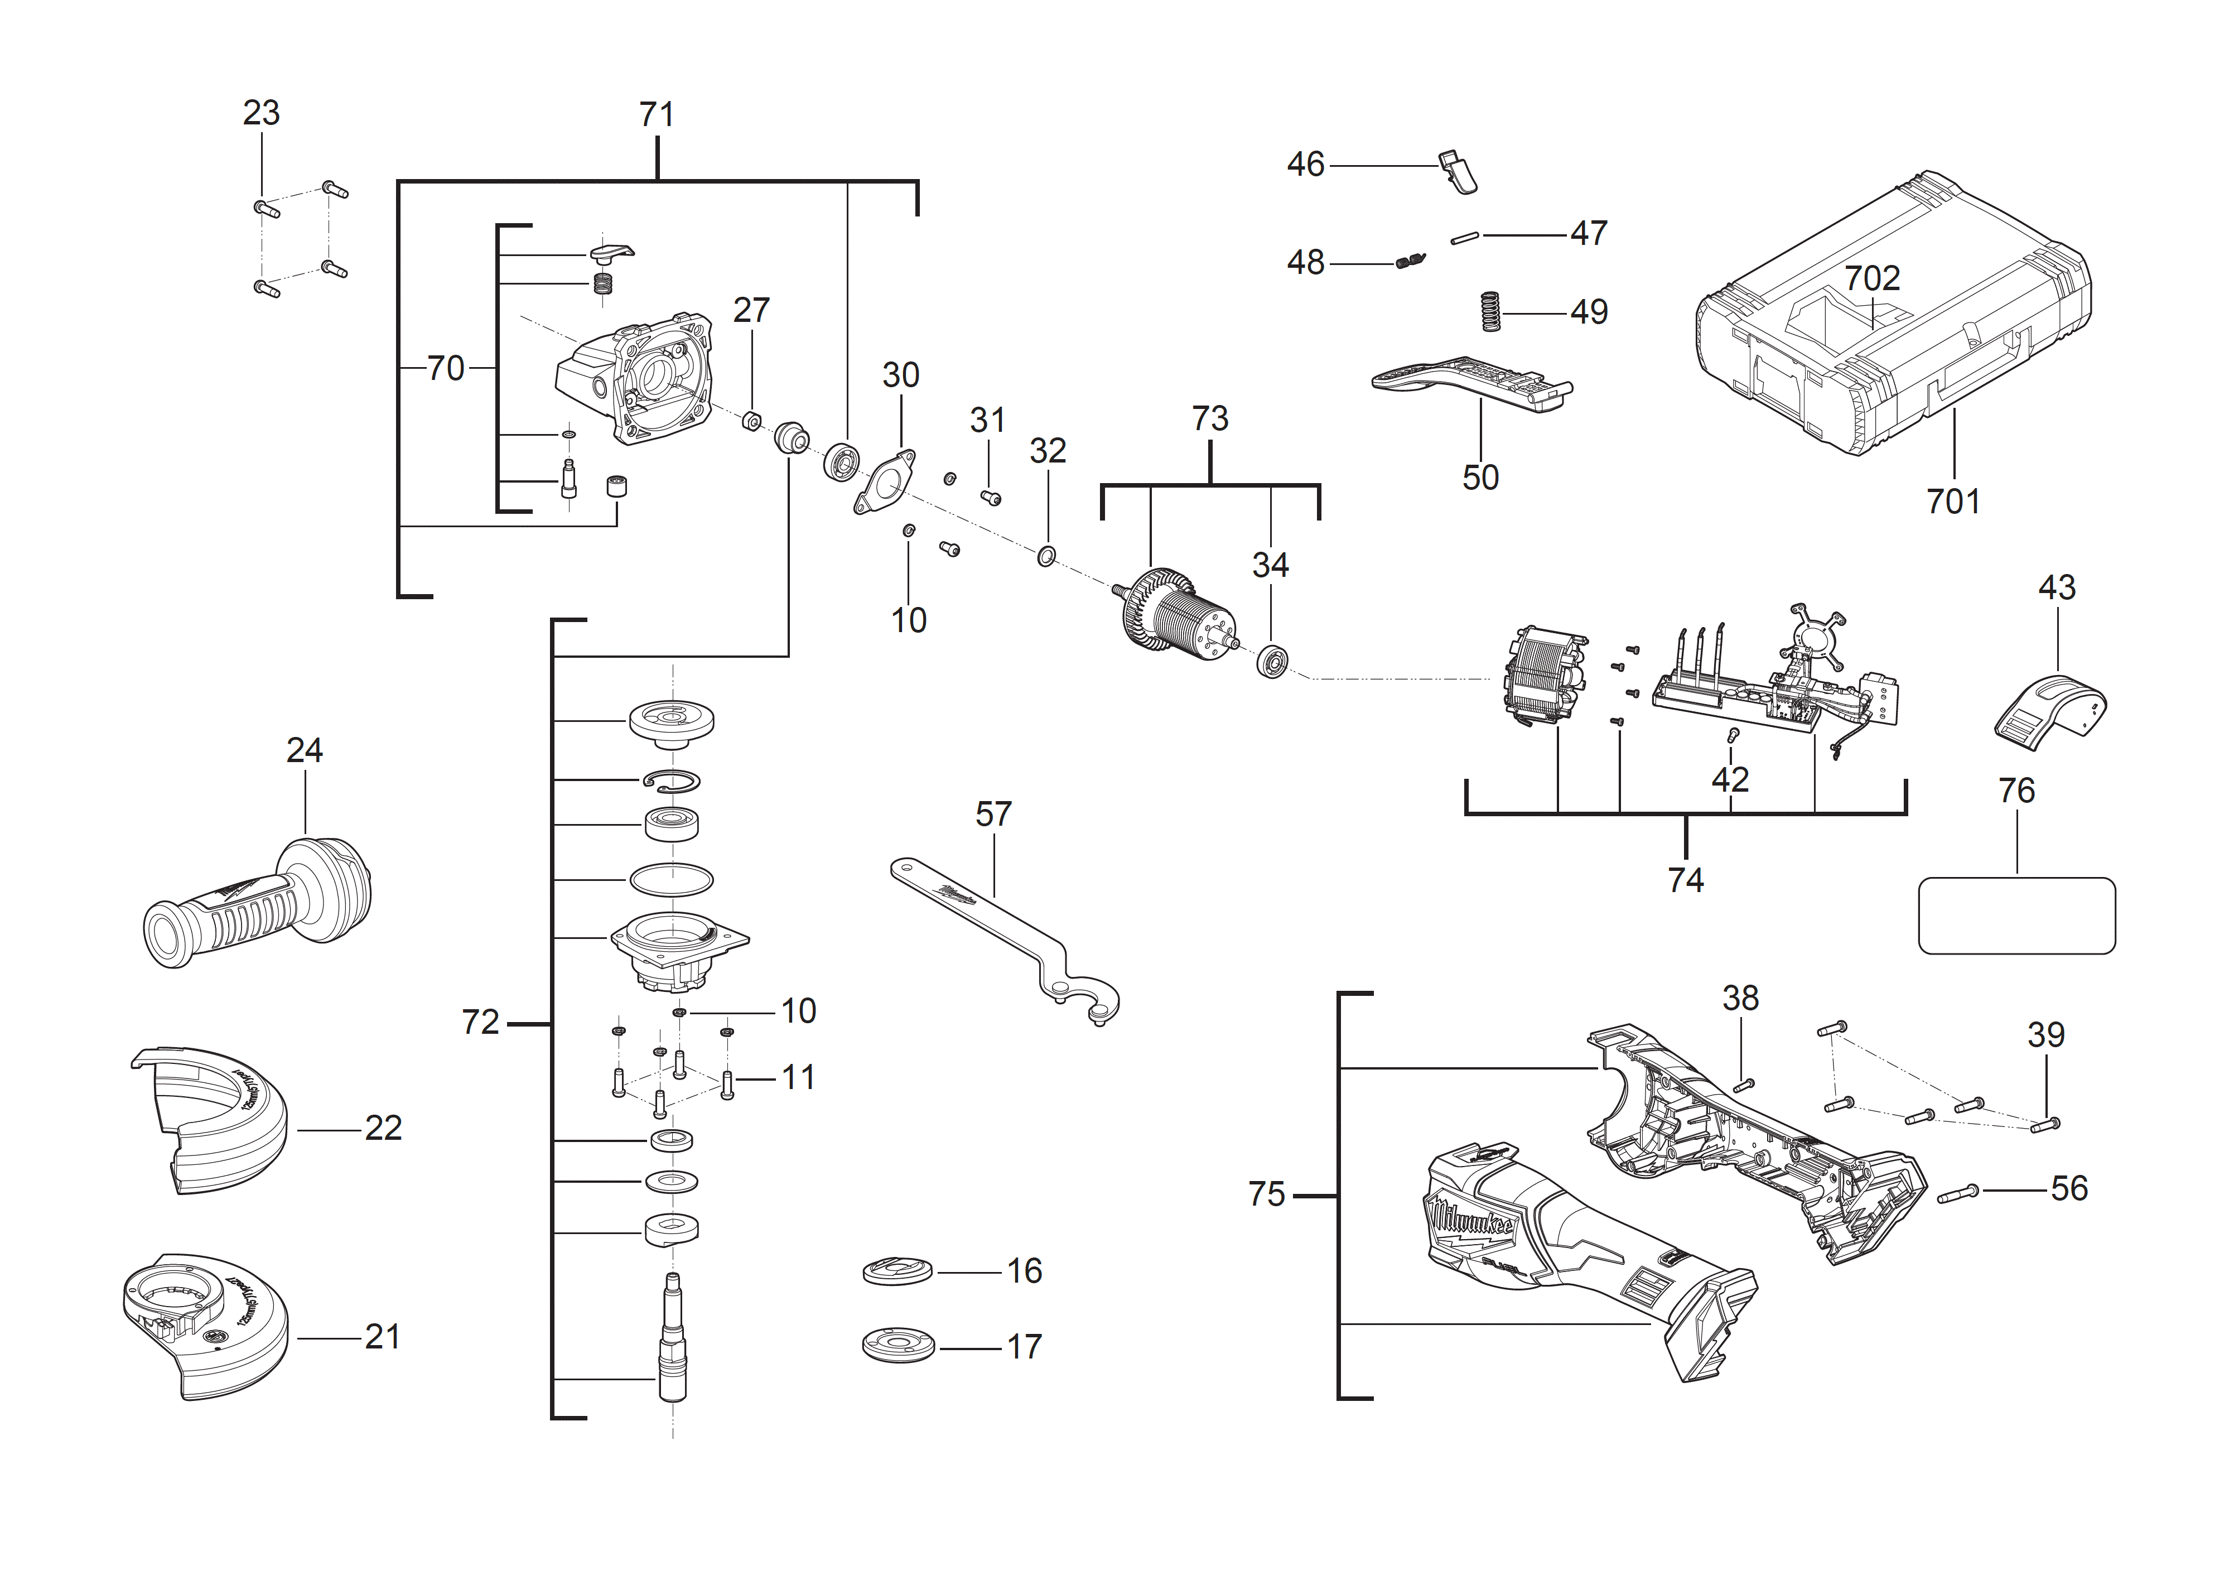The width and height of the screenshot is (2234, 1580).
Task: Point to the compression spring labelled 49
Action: tap(1490, 312)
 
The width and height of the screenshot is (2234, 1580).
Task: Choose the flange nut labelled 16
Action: tap(897, 1270)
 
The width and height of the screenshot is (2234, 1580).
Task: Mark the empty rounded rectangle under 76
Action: tap(2016, 916)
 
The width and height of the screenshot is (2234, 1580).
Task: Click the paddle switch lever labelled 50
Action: tap(1469, 382)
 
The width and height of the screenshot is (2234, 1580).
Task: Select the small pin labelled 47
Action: tap(1464, 237)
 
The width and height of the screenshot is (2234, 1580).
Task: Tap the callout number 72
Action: tap(480, 1023)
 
